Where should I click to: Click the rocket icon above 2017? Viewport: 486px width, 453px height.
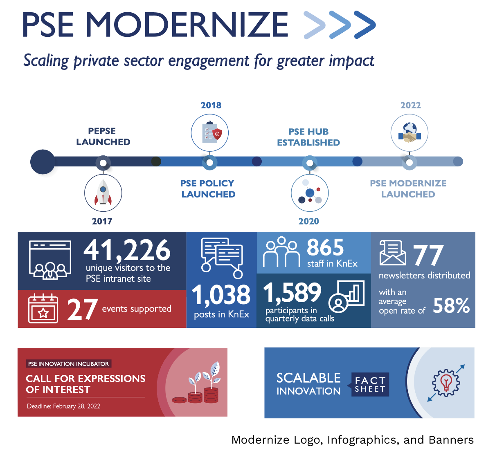103,193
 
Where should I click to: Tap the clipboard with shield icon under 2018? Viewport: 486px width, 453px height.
210,133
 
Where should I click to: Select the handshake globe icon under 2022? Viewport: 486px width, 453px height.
409,133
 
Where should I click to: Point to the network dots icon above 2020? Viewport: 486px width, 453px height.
310,193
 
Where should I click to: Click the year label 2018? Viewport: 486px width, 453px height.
211,105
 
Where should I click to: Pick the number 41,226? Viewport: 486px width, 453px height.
127,250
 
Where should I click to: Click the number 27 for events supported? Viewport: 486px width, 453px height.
82,309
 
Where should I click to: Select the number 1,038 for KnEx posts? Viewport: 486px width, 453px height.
221,295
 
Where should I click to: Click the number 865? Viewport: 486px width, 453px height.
326,247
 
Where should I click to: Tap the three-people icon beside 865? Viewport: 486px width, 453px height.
281,252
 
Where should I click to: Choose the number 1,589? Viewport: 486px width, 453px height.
292,293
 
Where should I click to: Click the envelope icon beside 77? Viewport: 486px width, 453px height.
393,253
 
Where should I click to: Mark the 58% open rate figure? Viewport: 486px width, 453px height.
451,305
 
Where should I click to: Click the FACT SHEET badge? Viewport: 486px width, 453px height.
370,385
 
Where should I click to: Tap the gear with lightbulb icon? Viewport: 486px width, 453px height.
446,383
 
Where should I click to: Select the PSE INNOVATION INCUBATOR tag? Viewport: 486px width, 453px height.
68,363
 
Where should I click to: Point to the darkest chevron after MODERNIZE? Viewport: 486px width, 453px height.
365,25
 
